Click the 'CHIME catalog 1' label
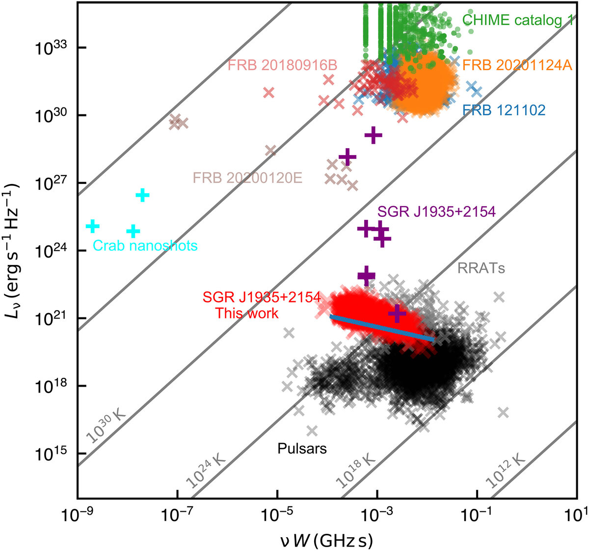[517, 20]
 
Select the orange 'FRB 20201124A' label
[517, 65]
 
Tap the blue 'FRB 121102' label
[504, 110]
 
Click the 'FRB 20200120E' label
[247, 177]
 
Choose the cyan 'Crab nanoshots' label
[145, 245]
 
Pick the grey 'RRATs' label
[481, 268]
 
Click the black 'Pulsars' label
[302, 448]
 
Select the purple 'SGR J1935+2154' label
[436, 212]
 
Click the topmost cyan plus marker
[142, 195]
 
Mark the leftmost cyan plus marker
[92, 226]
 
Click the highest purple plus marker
[374, 135]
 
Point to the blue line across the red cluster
[382, 328]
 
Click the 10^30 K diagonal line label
[106, 425]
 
